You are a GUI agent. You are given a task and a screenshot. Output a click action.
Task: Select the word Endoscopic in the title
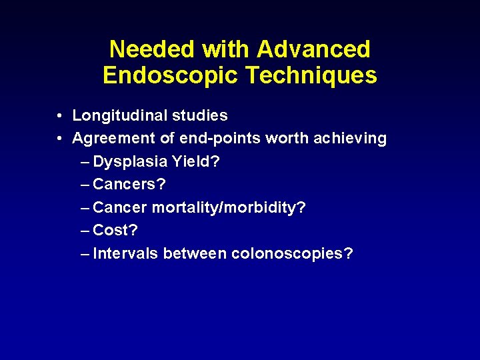pyautogui.click(x=170, y=75)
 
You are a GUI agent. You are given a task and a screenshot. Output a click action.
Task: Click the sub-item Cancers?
pyautogui.click(x=129, y=185)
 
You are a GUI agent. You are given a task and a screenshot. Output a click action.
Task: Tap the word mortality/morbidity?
pyautogui.click(x=229, y=208)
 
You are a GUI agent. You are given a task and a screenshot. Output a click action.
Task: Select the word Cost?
pyautogui.click(x=115, y=231)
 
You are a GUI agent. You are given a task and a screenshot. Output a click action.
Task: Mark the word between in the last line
pyautogui.click(x=195, y=254)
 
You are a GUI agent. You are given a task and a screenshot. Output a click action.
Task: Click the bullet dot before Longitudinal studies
pyautogui.click(x=60, y=116)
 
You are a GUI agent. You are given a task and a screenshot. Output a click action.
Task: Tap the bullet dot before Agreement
pyautogui.click(x=60, y=139)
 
